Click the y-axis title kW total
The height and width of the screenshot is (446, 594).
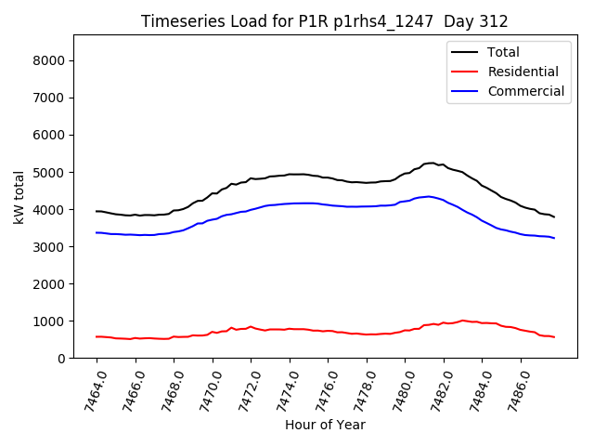coord(19,198)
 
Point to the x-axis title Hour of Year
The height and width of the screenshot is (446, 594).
coord(325,425)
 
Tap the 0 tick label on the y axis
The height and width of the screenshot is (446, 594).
coord(68,358)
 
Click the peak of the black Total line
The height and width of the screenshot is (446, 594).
coord(431,163)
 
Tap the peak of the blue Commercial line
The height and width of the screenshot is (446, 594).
coord(428,196)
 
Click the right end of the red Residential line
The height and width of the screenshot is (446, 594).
coord(554,336)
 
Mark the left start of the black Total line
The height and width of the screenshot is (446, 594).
coord(97,211)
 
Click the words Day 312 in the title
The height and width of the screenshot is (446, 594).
coord(474,21)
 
